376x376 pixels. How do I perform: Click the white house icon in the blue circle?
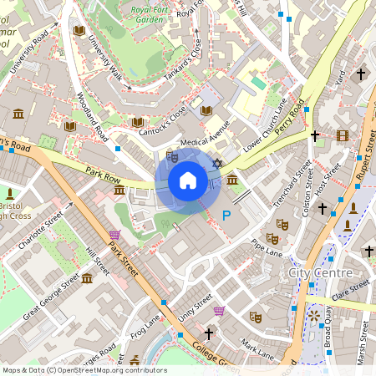188,180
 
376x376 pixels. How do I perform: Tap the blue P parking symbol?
226,216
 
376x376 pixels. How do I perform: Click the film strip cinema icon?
342,135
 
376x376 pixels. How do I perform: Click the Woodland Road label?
89,116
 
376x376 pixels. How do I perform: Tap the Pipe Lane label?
267,248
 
